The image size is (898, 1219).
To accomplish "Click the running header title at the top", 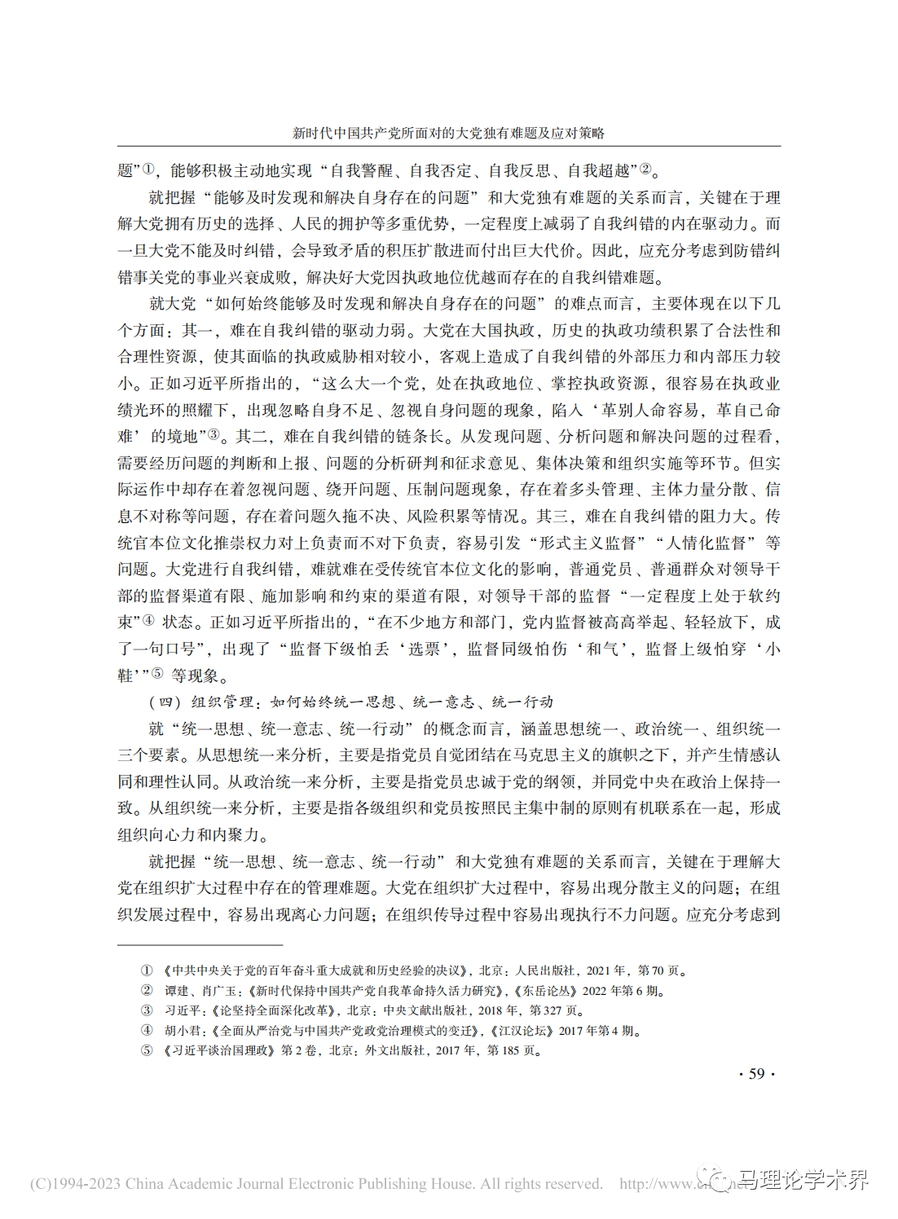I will (x=448, y=133).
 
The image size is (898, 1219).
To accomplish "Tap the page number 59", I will (x=756, y=1073).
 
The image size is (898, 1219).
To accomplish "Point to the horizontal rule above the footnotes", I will (x=200, y=944).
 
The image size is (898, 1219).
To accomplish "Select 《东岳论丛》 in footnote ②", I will (x=546, y=991).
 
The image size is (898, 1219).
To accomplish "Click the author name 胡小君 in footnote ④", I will (x=183, y=1031).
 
